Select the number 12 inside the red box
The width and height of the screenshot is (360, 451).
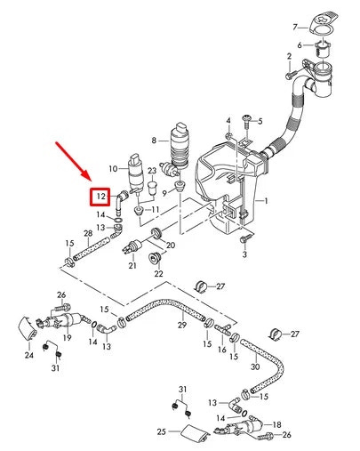point(101,196)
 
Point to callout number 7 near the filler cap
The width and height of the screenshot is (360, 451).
point(296,27)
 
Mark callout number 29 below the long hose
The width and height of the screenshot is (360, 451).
point(180,326)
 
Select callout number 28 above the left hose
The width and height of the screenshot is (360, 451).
point(87,235)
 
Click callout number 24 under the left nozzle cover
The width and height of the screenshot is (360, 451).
point(28,356)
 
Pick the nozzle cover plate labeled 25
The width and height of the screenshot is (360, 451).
point(194,435)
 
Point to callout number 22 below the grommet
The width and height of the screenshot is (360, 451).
point(158,273)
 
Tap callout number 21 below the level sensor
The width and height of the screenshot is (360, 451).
point(132,265)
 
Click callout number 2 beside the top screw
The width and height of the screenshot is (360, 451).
point(288,56)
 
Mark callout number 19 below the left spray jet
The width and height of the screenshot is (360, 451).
point(67,338)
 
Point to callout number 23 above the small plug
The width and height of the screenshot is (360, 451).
point(152,171)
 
